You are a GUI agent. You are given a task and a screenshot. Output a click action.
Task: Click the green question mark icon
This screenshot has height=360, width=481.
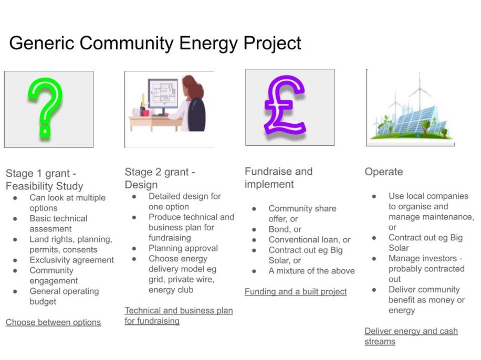(46, 108)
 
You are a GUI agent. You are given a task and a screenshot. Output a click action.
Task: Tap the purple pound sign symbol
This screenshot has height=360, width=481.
(285, 105)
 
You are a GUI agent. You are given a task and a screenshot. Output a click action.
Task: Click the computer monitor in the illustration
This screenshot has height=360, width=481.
(163, 95)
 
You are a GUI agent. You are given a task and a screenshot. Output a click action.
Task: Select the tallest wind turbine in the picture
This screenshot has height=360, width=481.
(420, 94)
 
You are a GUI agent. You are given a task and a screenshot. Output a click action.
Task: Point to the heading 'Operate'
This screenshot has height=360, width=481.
(384, 172)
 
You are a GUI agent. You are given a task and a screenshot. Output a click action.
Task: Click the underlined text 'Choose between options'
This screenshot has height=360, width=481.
(53, 322)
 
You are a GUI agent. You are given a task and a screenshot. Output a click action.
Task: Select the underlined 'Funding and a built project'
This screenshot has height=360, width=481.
(296, 291)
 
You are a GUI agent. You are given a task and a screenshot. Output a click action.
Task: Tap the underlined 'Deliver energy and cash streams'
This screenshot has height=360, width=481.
(411, 336)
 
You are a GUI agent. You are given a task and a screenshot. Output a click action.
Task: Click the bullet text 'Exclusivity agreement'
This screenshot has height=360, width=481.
(71, 260)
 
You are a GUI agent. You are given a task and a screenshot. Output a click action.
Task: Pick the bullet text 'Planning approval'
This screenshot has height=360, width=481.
(183, 248)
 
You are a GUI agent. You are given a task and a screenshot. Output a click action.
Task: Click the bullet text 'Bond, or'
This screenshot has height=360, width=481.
(285, 229)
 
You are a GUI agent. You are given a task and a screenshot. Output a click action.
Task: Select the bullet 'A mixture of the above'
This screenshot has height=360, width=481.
(311, 271)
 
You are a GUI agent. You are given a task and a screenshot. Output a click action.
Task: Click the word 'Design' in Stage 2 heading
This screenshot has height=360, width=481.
(141, 185)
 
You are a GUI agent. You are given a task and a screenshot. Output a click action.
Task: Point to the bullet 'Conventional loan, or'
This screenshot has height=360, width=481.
(309, 240)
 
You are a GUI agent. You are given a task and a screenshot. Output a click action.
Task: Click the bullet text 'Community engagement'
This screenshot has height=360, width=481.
(53, 276)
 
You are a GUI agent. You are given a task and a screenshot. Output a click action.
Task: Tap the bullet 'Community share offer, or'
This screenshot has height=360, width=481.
(302, 214)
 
